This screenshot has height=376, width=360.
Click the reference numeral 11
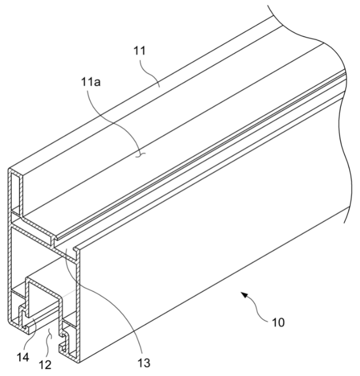coord(139,51)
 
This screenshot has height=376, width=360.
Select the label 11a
coord(91,82)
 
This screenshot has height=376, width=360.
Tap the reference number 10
coord(279,323)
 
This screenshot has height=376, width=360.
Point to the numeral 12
coord(45,365)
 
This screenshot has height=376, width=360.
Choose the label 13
coord(144,363)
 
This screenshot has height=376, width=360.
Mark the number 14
coord(23,358)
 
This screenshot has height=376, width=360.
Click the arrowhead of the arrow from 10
coord(245,295)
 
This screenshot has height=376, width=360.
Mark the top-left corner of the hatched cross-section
coord(9,169)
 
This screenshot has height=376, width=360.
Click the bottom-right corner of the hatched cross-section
coord(79,362)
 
